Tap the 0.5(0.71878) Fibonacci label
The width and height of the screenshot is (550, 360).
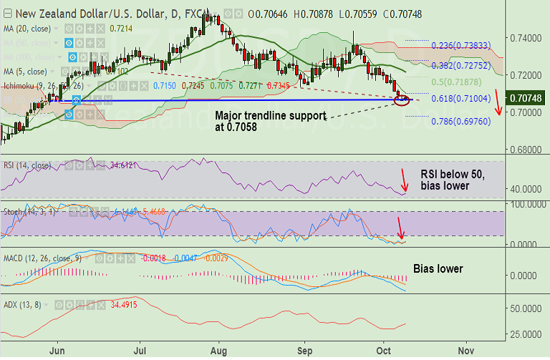[x=457, y=82]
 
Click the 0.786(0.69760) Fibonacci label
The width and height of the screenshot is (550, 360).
[x=460, y=122]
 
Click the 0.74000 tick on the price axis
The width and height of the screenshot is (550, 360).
[x=525, y=37]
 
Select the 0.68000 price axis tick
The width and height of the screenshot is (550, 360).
[x=525, y=150]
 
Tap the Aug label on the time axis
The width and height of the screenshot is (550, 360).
[x=221, y=351]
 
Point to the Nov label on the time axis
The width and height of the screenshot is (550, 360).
[x=465, y=351]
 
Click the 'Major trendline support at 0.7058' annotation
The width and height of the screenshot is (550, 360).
[x=271, y=121]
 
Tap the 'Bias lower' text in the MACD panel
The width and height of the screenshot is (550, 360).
[x=439, y=269]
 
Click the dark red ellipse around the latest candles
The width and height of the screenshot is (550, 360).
[x=402, y=99]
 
